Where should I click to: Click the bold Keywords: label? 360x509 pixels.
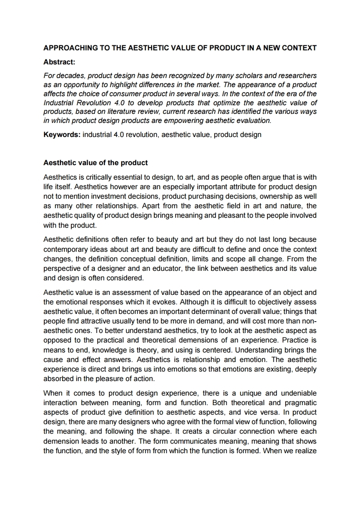[62, 135]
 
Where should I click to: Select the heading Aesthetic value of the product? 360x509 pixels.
[95, 162]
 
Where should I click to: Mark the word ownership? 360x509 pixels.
[259, 196]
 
